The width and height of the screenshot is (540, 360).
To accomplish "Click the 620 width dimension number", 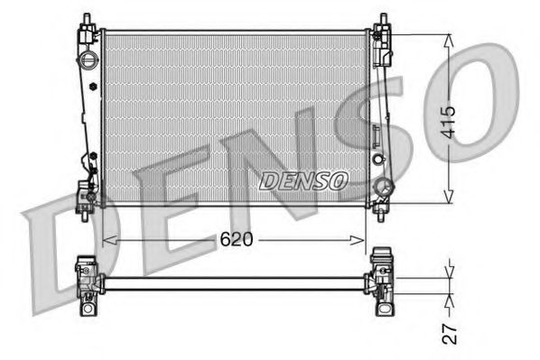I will [237, 239].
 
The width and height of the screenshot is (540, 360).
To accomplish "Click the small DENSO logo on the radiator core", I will [303, 180].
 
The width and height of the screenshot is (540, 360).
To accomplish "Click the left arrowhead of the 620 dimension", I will [107, 239].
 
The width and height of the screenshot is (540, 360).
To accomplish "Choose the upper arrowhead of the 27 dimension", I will [449, 273].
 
